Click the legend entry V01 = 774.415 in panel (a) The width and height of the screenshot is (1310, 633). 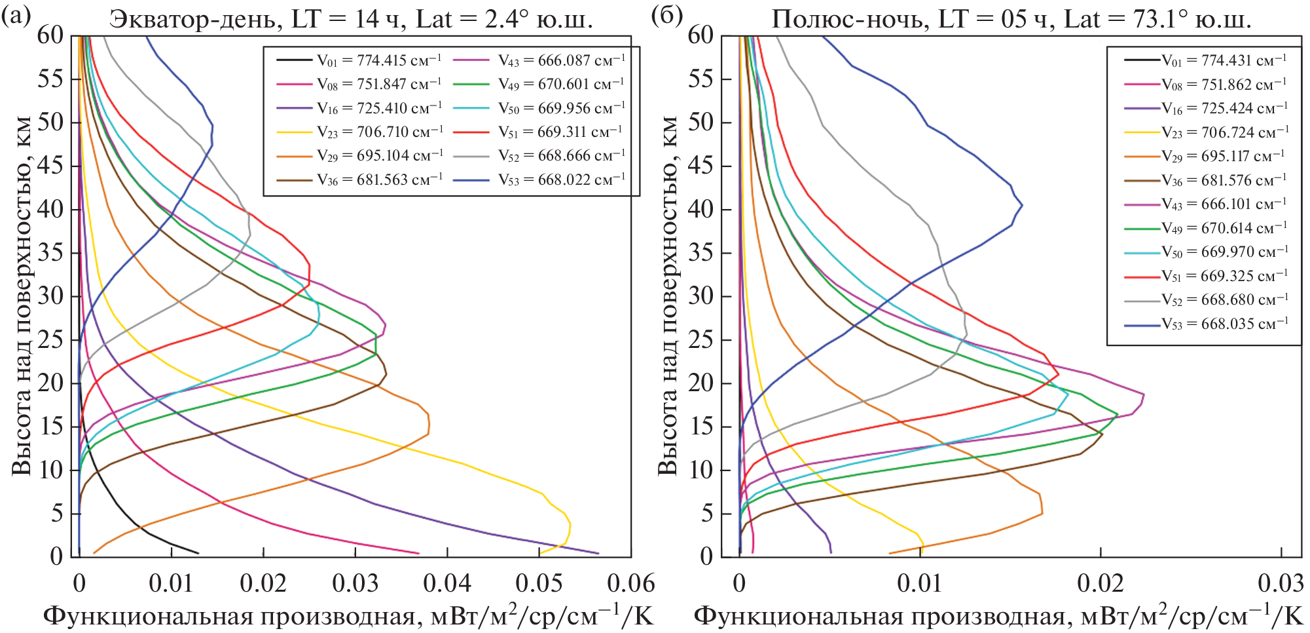pos(379,60)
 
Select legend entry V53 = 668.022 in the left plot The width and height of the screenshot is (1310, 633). pos(561,180)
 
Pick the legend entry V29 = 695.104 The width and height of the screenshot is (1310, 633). pos(380,156)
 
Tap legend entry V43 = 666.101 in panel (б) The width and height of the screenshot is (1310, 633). pos(1224,204)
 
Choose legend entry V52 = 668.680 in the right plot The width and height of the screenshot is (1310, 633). pos(1224,299)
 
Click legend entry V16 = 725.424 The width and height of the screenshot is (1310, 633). pos(1224,108)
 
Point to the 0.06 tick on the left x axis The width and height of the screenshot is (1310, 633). pos(630,583)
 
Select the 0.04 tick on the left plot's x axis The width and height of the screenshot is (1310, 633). pos(447,583)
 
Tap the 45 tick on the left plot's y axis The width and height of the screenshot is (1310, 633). pos(50,166)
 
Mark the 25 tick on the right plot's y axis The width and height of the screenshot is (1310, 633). pos(700,339)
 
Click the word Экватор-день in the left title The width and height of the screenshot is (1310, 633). pos(192,19)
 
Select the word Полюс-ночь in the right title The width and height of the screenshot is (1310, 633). pos(850,19)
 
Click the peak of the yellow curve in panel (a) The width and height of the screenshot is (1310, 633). pos(570,524)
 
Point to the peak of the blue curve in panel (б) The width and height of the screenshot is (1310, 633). pos(1022,205)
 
